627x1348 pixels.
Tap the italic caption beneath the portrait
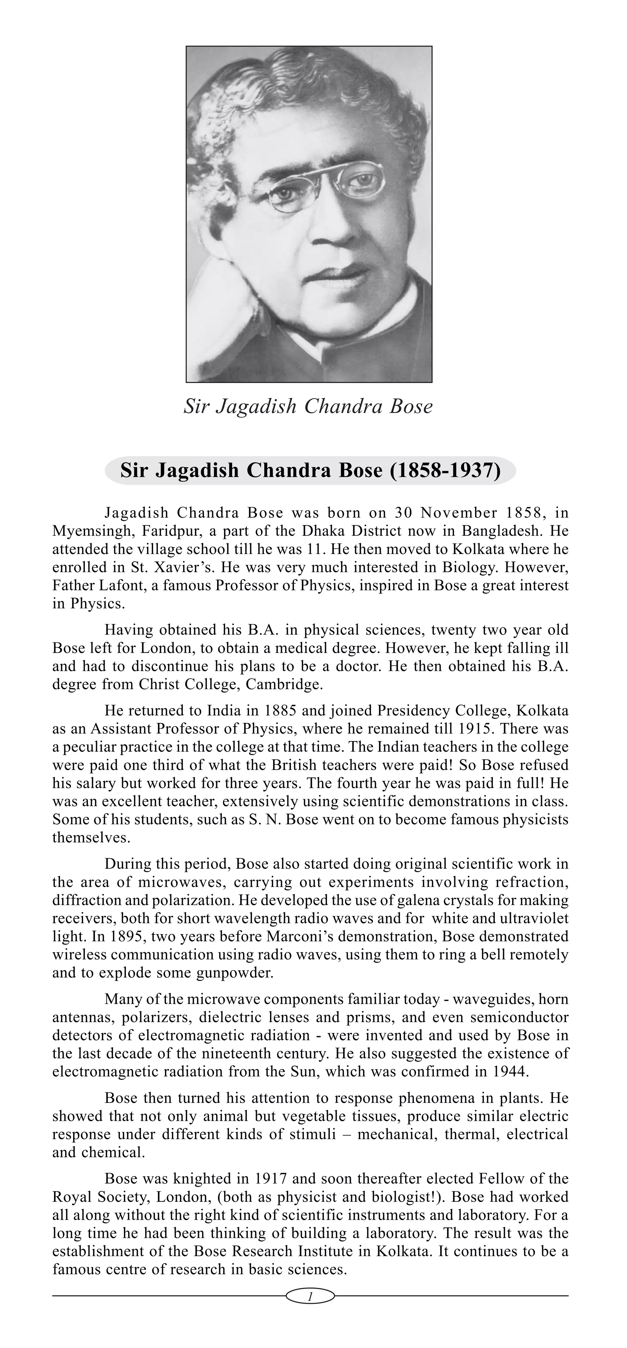[308, 406]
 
